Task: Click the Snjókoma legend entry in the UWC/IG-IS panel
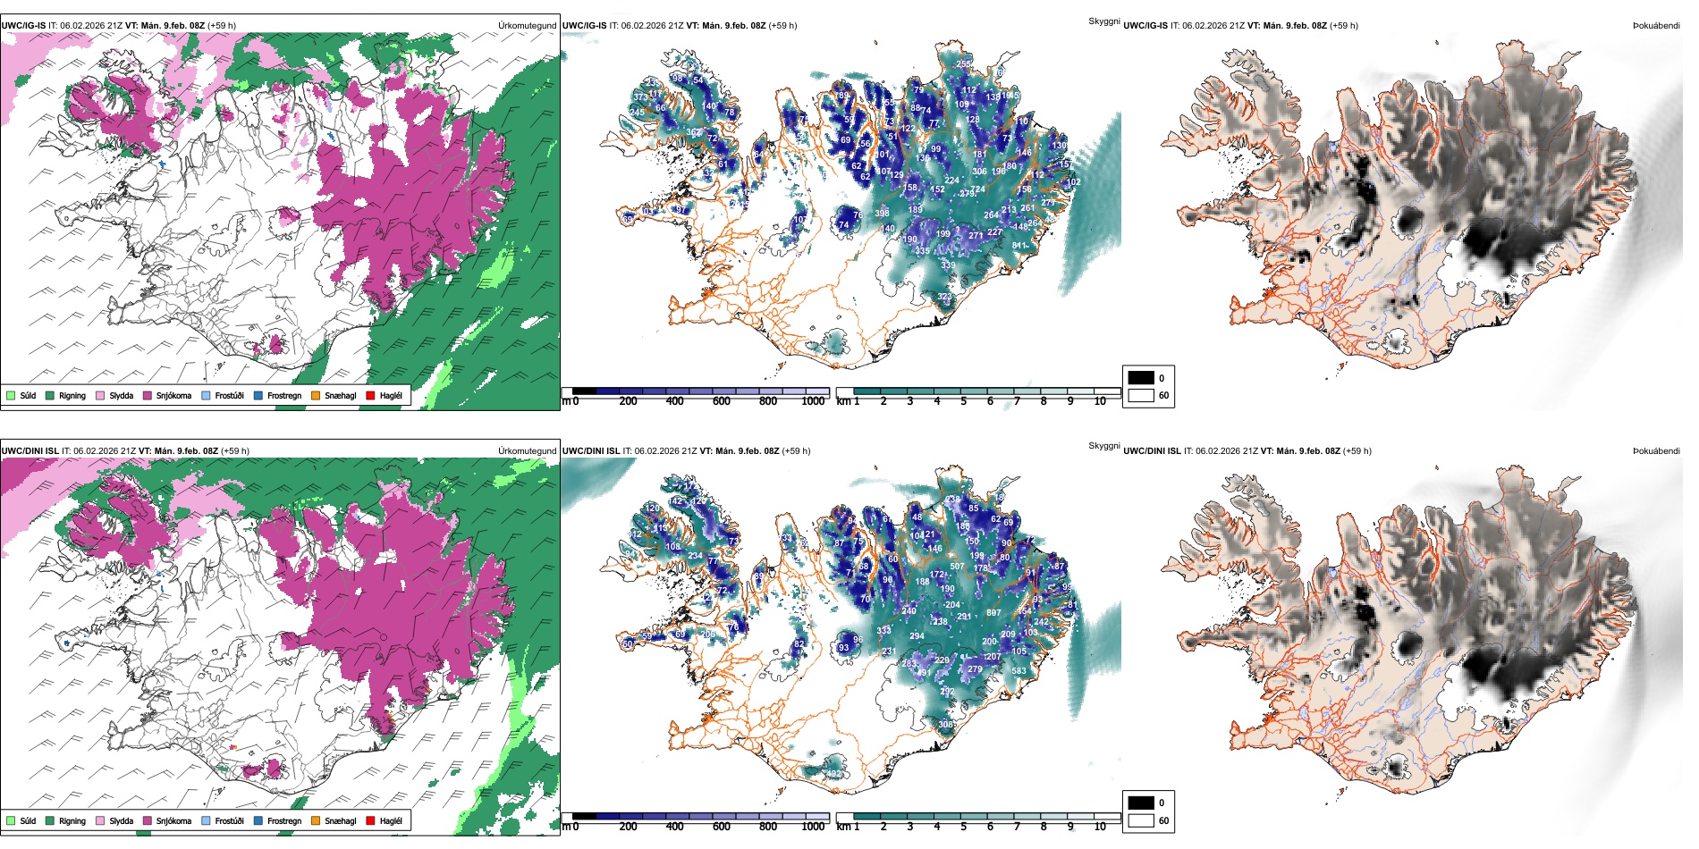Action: coord(173,395)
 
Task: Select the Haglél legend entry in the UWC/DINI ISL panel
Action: coord(390,820)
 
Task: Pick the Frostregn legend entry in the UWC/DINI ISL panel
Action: coord(283,820)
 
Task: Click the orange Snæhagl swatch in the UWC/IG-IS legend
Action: coord(316,395)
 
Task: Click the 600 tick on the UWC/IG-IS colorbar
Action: coord(722,401)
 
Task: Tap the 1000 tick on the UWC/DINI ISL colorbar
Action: coord(813,827)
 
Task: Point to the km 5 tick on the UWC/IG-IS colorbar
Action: coord(964,401)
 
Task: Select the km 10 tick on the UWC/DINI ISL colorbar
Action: coord(1100,827)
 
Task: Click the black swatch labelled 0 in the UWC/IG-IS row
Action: coord(1141,378)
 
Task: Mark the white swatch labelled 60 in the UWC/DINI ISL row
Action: coord(1141,820)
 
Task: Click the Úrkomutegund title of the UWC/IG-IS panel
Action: coord(527,26)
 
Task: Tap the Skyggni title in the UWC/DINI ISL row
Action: coord(1103,446)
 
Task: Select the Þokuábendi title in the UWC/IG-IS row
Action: coord(1656,26)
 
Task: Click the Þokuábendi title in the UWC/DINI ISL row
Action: coord(1656,451)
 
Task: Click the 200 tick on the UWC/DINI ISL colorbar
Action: coord(629,827)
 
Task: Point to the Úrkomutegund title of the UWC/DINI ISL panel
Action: coord(527,451)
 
